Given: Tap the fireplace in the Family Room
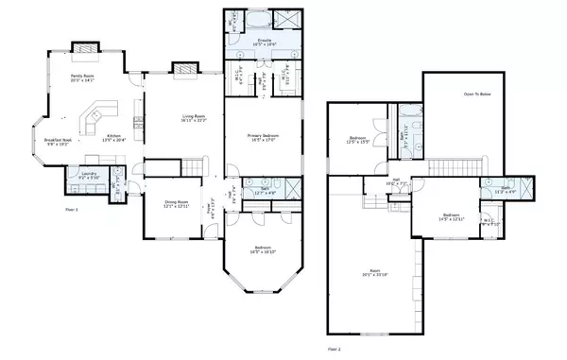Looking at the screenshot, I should [x=85, y=46].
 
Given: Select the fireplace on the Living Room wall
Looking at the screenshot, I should [x=181, y=68].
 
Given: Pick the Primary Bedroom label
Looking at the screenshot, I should [x=253, y=137].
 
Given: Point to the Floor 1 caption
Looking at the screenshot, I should [x=72, y=208].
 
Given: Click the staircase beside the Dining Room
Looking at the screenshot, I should [x=196, y=168].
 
